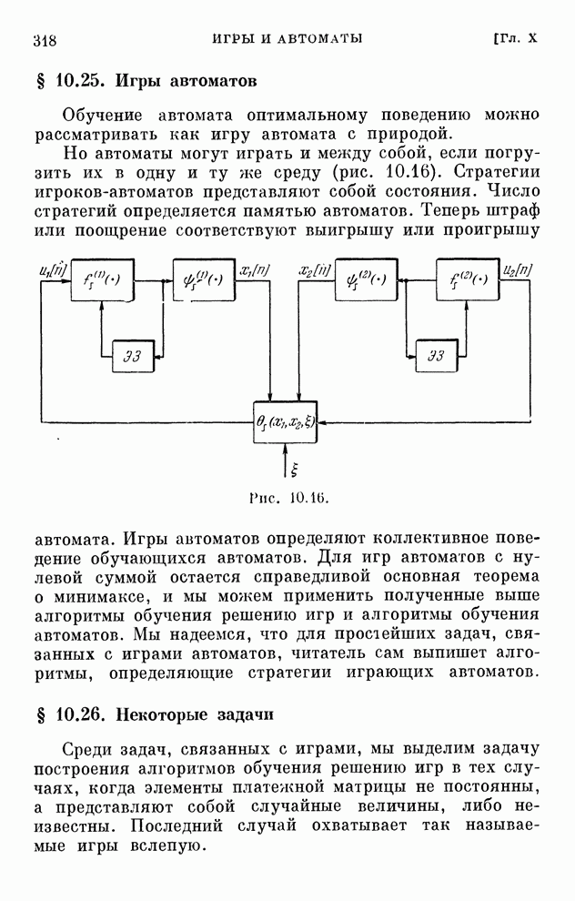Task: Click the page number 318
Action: (45, 40)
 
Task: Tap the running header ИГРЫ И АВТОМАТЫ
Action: (287, 38)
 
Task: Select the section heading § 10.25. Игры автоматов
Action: (146, 81)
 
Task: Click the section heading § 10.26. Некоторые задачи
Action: (155, 714)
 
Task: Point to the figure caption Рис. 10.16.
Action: (289, 498)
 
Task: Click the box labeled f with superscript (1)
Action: (102, 279)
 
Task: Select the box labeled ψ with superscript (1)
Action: (204, 279)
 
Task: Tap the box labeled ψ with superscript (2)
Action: (367, 279)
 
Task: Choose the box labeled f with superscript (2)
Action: (468, 279)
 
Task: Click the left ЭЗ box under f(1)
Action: (133, 356)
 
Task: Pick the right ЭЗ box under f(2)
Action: (437, 356)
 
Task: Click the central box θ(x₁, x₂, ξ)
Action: (286, 421)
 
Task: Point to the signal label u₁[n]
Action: (53, 269)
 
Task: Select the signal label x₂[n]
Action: (315, 269)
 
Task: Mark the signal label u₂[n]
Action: (518, 269)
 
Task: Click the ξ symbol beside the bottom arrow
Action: (294, 470)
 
